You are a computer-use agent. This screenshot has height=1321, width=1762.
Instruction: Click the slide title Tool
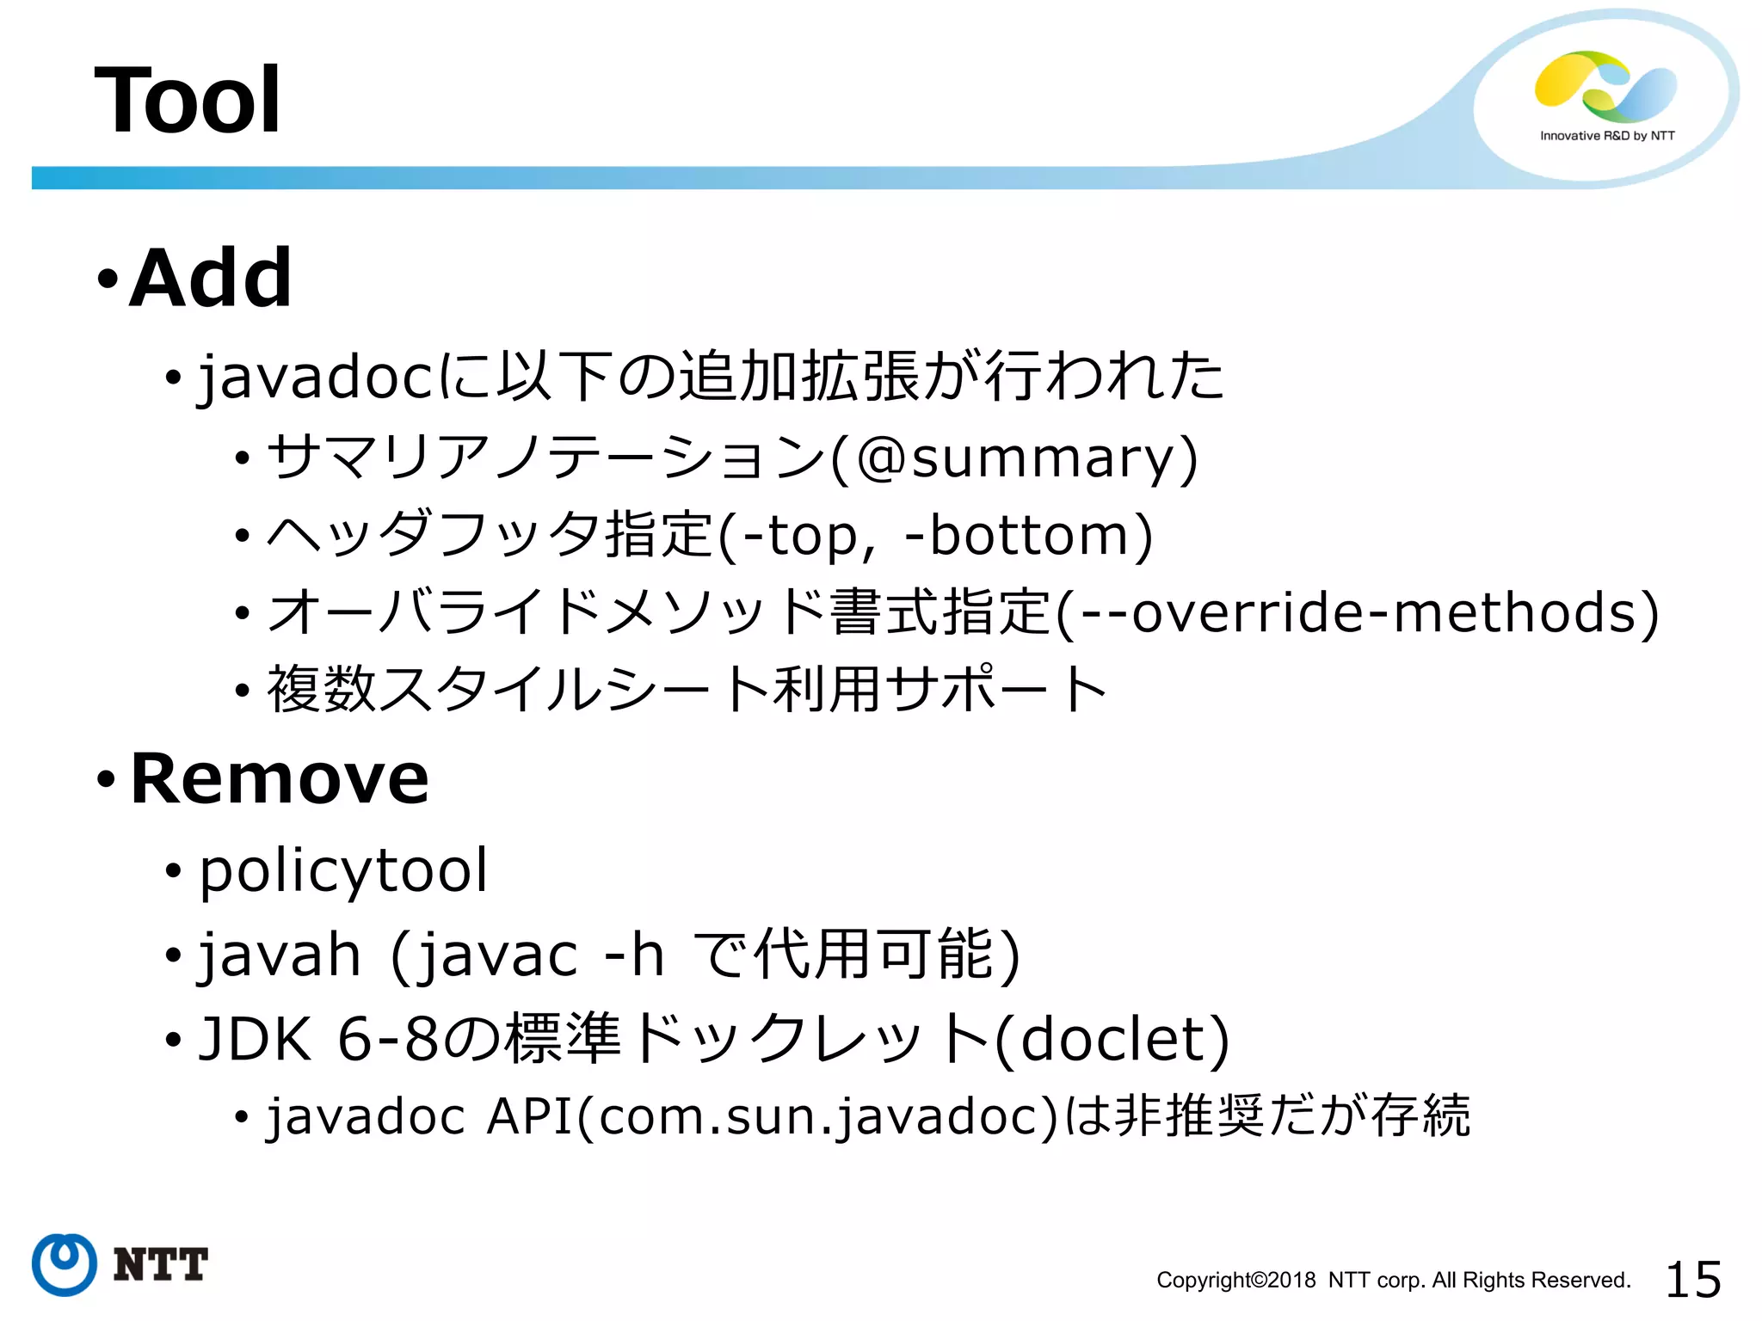[x=188, y=101]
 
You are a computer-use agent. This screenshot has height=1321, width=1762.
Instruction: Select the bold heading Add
[x=210, y=278]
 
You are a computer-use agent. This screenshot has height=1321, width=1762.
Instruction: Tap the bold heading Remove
[x=279, y=778]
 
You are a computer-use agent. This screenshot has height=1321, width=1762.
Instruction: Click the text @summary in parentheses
[x=1015, y=457]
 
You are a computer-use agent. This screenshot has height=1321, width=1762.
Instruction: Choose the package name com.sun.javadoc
[x=817, y=1116]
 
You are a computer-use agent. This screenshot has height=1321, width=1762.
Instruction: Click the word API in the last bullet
[x=529, y=1116]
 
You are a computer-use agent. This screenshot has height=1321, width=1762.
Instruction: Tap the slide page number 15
[x=1693, y=1279]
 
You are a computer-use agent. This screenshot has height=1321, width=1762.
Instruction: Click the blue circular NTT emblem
[x=64, y=1264]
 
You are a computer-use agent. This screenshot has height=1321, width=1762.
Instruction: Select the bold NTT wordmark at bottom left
[x=161, y=1264]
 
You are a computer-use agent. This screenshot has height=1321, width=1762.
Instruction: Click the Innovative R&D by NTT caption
[x=1607, y=136]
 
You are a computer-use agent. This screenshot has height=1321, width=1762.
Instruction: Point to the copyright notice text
[x=1393, y=1280]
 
